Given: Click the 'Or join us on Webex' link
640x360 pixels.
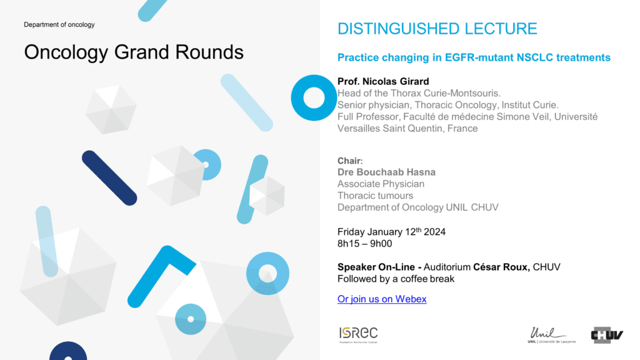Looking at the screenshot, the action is pyautogui.click(x=382, y=299).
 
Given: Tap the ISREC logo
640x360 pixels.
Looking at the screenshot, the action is pyautogui.click(x=358, y=335).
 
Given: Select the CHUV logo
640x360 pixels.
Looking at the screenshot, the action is pyautogui.click(x=606, y=335).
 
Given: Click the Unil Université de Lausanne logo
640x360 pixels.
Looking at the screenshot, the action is pyautogui.click(x=551, y=335).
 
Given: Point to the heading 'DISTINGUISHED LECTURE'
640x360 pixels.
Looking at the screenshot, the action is pyautogui.click(x=437, y=29).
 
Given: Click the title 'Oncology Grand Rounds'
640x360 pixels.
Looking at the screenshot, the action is pyautogui.click(x=134, y=52).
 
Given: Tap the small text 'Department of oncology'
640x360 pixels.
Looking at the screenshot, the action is pyautogui.click(x=59, y=25).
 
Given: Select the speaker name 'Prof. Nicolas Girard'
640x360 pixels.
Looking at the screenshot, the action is pyautogui.click(x=383, y=81).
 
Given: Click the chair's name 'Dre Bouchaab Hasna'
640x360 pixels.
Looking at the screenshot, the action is pyautogui.click(x=386, y=172).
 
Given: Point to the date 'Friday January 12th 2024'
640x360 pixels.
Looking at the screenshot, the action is pyautogui.click(x=391, y=232).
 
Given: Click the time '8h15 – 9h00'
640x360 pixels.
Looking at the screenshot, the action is pyautogui.click(x=364, y=244).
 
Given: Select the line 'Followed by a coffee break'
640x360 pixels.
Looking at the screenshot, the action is pyautogui.click(x=396, y=279).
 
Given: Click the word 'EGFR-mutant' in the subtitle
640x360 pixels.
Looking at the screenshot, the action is pyautogui.click(x=479, y=57).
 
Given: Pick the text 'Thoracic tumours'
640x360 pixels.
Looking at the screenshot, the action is pyautogui.click(x=375, y=196).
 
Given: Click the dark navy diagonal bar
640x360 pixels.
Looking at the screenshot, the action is pyautogui.click(x=109, y=178).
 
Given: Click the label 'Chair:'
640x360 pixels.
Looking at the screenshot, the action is pyautogui.click(x=350, y=161).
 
